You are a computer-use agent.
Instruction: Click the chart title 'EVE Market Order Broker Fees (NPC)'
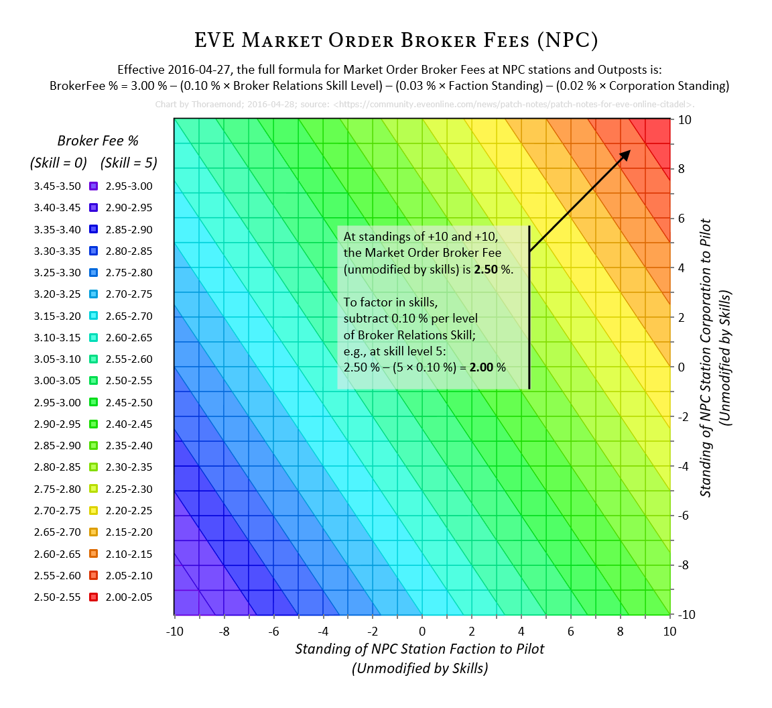tap(395, 40)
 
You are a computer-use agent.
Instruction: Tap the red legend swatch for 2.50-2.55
tap(94, 597)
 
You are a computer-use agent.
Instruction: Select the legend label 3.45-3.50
tap(57, 186)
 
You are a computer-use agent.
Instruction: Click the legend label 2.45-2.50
tap(129, 402)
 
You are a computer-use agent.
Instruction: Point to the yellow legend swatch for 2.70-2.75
tap(94, 510)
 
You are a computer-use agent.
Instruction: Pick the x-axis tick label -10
tap(174, 631)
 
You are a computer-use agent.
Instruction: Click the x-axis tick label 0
tap(422, 631)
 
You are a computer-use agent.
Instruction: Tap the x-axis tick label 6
tap(571, 631)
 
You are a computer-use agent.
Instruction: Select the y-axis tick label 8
tap(681, 169)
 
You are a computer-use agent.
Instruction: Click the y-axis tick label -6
tap(683, 516)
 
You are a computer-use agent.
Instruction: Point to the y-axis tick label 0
tap(681, 367)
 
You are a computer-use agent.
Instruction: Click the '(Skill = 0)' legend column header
tap(58, 163)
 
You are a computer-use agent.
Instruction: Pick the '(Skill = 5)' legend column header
tap(129, 163)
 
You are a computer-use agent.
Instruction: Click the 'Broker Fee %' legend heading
tap(98, 141)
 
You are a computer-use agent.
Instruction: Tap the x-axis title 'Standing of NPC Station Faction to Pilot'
tap(420, 648)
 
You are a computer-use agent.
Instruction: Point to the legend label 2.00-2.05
tap(129, 597)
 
